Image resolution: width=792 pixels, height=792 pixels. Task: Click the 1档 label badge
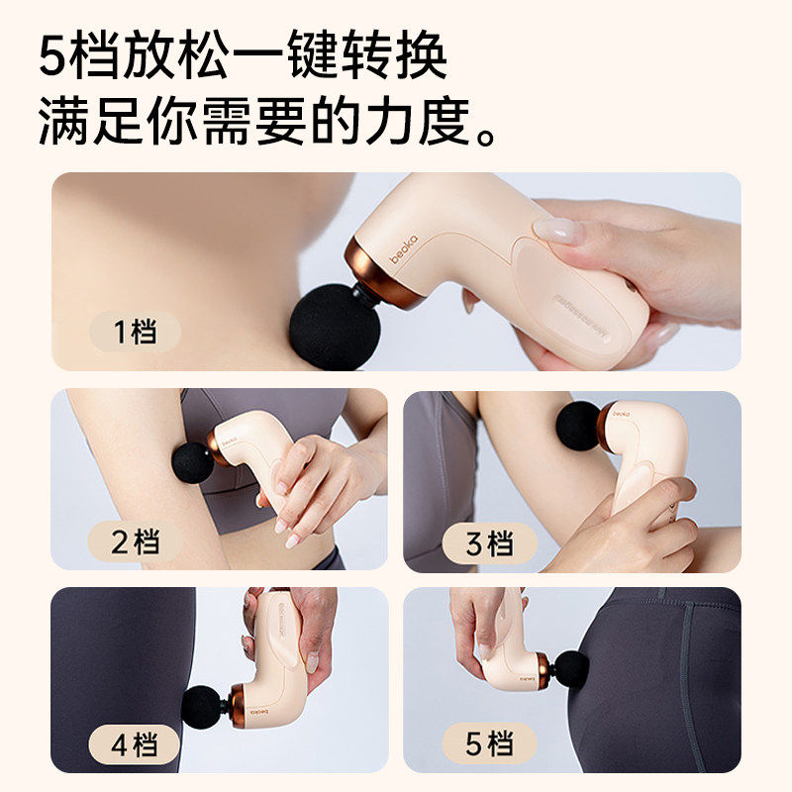(135, 332)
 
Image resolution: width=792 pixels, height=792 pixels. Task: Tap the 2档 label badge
(135, 542)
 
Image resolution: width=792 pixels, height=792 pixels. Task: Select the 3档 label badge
(488, 542)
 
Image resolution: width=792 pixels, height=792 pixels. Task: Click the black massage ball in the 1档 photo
(335, 328)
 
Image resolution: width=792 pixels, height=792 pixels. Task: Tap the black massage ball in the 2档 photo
(193, 462)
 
